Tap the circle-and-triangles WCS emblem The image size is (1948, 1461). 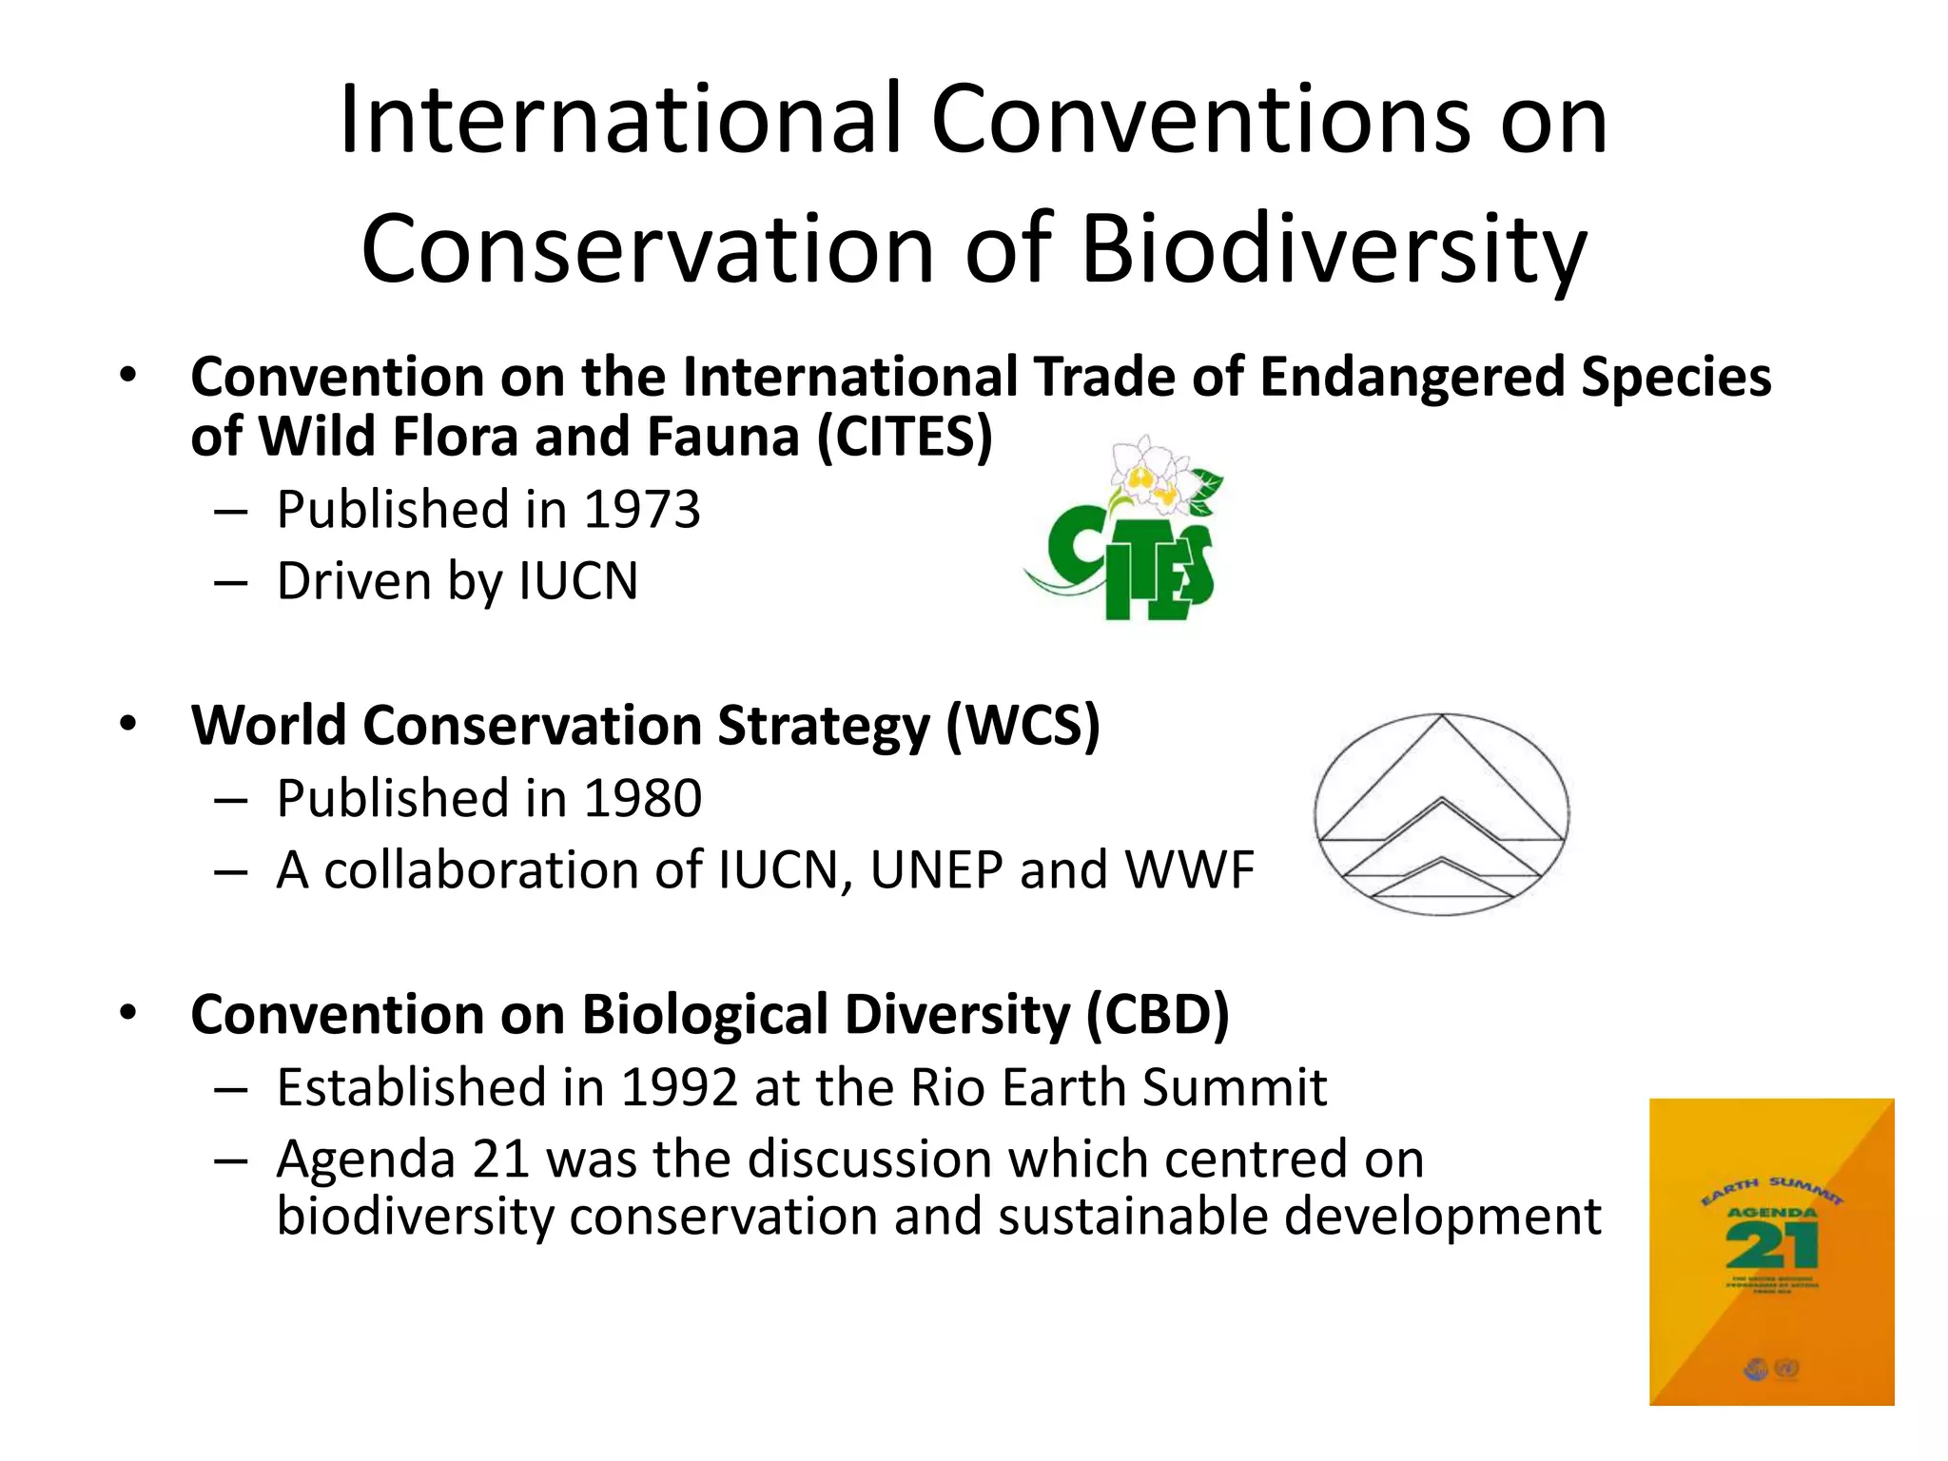pos(1442,814)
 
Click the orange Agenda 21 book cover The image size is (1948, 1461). pos(1771,1252)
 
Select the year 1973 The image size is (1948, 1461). pos(642,510)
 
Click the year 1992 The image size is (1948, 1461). pos(679,1087)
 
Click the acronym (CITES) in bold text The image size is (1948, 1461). pos(905,437)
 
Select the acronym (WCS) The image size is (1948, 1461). pos(1023,726)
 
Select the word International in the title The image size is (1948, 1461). pos(619,120)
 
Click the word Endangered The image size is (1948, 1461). pos(1412,377)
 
